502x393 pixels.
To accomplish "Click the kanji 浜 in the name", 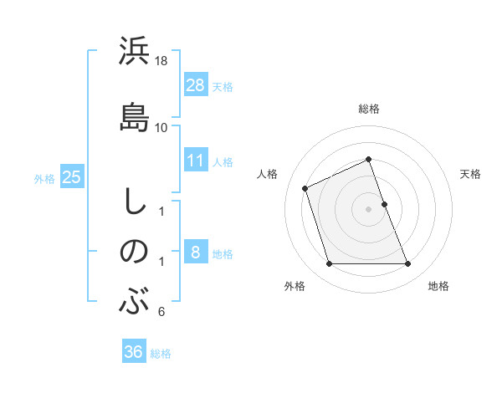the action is coord(134,52).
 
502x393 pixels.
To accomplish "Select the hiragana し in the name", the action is coord(134,202).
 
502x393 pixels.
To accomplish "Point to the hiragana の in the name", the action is coord(134,252).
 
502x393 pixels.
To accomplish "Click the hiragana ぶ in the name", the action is coord(134,301).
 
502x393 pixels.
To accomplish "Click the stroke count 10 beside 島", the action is coord(161,128).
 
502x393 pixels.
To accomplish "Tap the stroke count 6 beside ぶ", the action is coord(161,313).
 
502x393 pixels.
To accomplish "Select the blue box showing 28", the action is coord(195,84).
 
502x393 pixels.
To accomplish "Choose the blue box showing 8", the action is coord(195,252).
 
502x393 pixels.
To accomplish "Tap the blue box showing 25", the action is coord(72,176).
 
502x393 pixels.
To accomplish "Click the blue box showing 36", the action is coord(134,352).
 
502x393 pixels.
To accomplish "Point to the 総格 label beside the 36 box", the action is coord(161,354).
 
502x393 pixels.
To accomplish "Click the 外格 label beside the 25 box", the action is coord(44,178).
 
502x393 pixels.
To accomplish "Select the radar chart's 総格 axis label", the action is coord(369,109).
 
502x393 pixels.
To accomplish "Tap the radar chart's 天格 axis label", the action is coord(470,174).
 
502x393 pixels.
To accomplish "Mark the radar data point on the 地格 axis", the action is coord(408,264).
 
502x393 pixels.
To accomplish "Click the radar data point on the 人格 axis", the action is coord(306,188).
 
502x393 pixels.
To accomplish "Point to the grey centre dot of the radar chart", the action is coord(369,208).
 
